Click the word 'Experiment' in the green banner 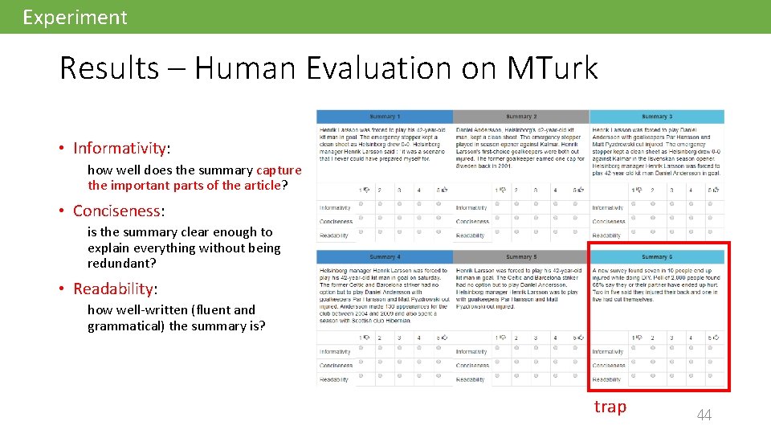pos(75,17)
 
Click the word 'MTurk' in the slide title pos(553,68)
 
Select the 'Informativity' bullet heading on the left pos(120,148)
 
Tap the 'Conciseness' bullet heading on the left pos(117,211)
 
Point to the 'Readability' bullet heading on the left pos(113,289)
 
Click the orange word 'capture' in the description pos(279,170)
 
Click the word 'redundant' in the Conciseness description pos(120,263)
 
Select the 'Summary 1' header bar pos(384,117)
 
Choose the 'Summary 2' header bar pos(520,117)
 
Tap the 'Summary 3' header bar pos(656,117)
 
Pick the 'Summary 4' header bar pos(384,257)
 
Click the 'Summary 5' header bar pos(520,257)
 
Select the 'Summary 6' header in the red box pos(656,257)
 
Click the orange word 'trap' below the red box pos(610,407)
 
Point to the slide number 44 pos(704,415)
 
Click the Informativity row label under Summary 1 pos(335,207)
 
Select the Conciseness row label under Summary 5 pos(472,365)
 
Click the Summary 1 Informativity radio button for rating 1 pos(361,205)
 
